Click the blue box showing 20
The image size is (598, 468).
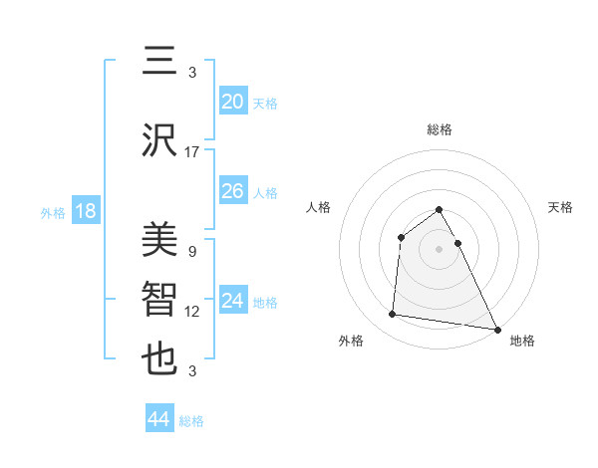point(232,102)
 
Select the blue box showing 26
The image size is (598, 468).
point(232,191)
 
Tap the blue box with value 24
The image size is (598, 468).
point(232,301)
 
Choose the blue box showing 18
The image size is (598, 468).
point(85,211)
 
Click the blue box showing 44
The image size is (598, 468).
point(158,419)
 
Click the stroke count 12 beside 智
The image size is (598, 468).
point(192,312)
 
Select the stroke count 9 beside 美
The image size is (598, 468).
point(191,252)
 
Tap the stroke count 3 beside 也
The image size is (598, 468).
point(191,371)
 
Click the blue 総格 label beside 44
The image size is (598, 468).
point(191,421)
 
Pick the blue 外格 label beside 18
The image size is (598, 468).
point(53,212)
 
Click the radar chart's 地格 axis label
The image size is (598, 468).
point(522,341)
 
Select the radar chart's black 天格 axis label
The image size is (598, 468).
point(561,207)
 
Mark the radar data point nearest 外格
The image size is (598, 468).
point(393,315)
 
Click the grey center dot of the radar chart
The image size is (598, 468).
point(439,249)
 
